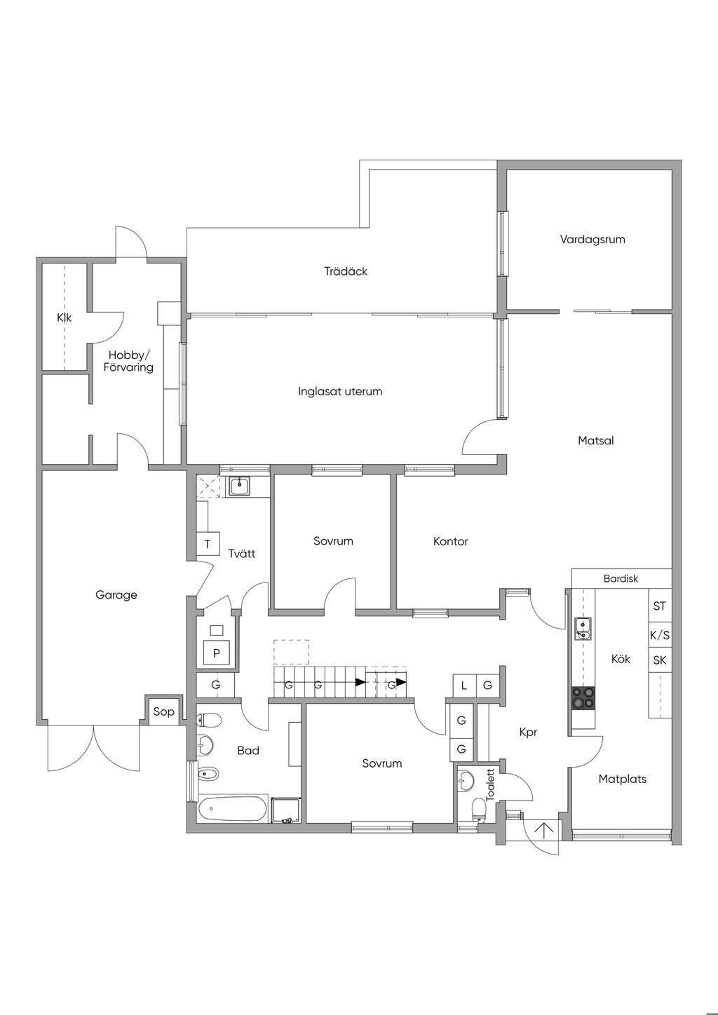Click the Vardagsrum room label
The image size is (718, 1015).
(x=592, y=239)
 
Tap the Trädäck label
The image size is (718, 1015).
(x=346, y=271)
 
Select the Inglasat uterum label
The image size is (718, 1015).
(x=340, y=391)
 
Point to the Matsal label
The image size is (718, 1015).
(x=595, y=441)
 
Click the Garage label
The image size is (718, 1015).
(x=116, y=595)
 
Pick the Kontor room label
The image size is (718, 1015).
(x=450, y=541)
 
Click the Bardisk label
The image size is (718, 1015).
(x=621, y=579)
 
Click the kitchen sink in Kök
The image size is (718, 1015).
(x=583, y=629)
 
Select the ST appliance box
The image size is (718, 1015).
(x=659, y=606)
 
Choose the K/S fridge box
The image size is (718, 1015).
(x=659, y=636)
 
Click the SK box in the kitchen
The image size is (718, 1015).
(x=659, y=660)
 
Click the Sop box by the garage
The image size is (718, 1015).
(x=163, y=712)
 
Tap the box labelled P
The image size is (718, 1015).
(x=217, y=653)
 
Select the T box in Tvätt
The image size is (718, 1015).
(x=208, y=544)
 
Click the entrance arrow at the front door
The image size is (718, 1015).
(x=544, y=831)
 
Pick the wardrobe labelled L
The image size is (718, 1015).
(x=463, y=685)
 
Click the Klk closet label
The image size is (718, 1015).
(x=64, y=318)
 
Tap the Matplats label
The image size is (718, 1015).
(x=622, y=779)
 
